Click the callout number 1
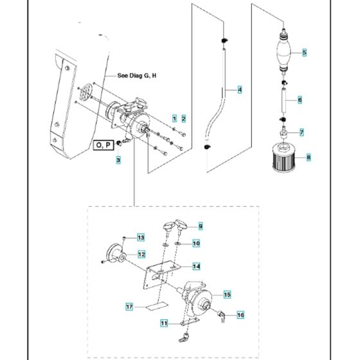coord(173,118)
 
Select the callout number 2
coord(183,118)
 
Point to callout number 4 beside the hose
coord(240,90)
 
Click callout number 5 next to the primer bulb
coord(305,52)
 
